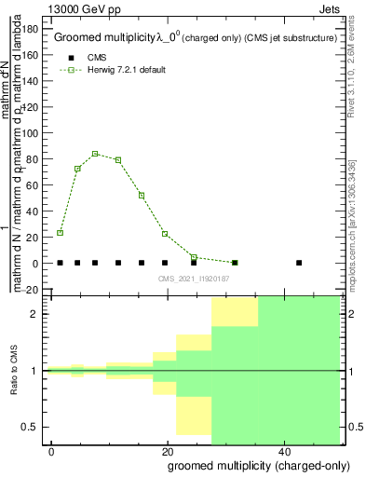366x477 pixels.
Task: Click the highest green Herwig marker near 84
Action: coord(95,154)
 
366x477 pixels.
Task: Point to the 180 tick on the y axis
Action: coord(48,28)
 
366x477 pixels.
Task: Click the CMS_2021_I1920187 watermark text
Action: coord(194,279)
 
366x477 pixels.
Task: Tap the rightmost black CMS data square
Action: coord(299,263)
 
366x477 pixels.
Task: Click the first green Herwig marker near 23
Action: coord(61,233)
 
